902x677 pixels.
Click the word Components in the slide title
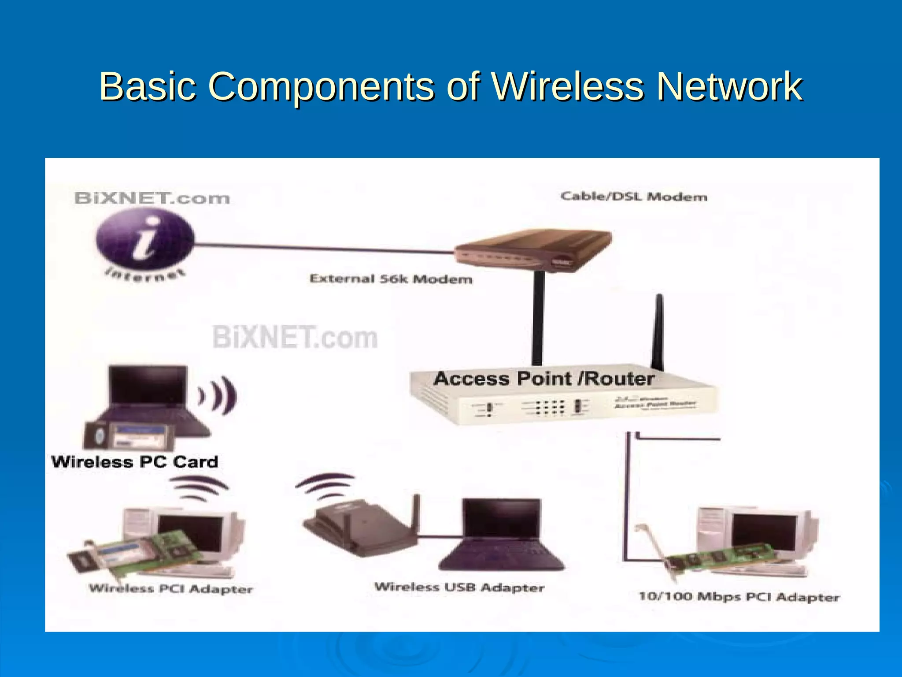point(321,87)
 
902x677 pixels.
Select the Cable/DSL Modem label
point(634,197)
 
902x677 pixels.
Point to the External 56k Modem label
point(391,279)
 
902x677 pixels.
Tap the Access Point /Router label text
point(543,379)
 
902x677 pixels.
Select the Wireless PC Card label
point(135,462)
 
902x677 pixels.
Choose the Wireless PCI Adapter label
point(171,589)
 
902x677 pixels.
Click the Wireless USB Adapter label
point(459,588)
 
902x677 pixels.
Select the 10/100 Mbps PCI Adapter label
point(739,597)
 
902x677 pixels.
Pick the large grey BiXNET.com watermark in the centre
point(295,338)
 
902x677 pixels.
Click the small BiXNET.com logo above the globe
point(152,198)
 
